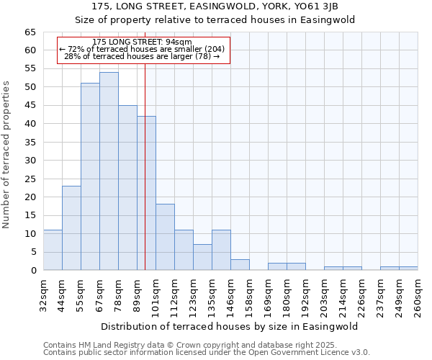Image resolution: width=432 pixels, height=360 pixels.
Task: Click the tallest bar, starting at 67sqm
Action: (109, 171)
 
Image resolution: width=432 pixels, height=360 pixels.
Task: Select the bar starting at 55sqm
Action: (90, 176)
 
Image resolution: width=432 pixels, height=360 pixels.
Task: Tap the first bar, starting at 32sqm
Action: (53, 250)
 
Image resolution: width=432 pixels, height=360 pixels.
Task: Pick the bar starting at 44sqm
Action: (71, 228)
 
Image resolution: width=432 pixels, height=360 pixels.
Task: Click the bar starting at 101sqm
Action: (165, 237)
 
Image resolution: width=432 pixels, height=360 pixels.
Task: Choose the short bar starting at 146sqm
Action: (240, 265)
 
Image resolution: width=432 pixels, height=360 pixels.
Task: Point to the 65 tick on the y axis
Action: (30, 32)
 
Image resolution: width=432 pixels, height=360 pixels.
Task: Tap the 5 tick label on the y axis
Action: (33, 252)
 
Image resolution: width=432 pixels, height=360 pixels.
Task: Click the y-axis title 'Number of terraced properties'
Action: (7, 154)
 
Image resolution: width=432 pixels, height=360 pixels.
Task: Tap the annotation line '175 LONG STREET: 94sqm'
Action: (143, 42)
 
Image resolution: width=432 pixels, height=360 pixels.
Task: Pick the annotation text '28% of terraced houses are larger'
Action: (142, 56)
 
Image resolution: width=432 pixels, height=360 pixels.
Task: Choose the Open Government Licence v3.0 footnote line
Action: (207, 353)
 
